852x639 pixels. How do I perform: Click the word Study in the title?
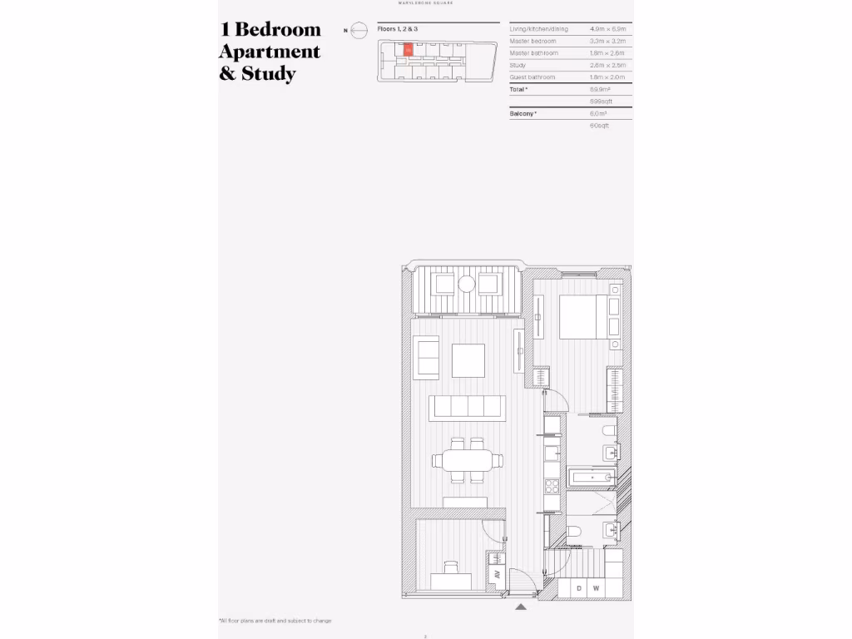(x=268, y=73)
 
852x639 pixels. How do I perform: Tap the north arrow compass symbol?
(x=358, y=31)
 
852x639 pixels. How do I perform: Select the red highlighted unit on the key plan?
(x=407, y=50)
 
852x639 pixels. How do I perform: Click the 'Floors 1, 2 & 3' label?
(x=397, y=29)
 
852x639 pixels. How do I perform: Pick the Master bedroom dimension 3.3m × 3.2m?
(x=607, y=41)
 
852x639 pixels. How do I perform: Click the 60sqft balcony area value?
(x=599, y=125)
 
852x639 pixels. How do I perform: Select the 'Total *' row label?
(x=519, y=88)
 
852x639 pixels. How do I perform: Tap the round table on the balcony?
(x=466, y=285)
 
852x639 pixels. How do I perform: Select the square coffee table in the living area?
(x=468, y=360)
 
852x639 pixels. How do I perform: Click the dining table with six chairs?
(x=467, y=460)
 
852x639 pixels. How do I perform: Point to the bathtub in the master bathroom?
(x=591, y=478)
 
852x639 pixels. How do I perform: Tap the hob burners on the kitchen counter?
(x=552, y=484)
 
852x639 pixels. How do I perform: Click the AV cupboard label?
(x=497, y=574)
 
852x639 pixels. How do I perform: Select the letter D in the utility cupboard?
(x=579, y=589)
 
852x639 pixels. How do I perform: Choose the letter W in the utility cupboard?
(x=597, y=589)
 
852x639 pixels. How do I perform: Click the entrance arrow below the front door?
(x=521, y=607)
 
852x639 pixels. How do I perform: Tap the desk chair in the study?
(x=450, y=567)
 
